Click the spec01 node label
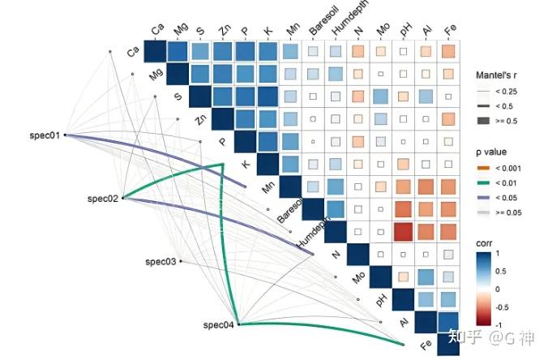[x=42, y=135]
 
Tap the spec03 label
[x=160, y=262]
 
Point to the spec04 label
[x=218, y=325]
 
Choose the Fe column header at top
[x=449, y=30]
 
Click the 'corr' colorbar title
[x=484, y=244]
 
